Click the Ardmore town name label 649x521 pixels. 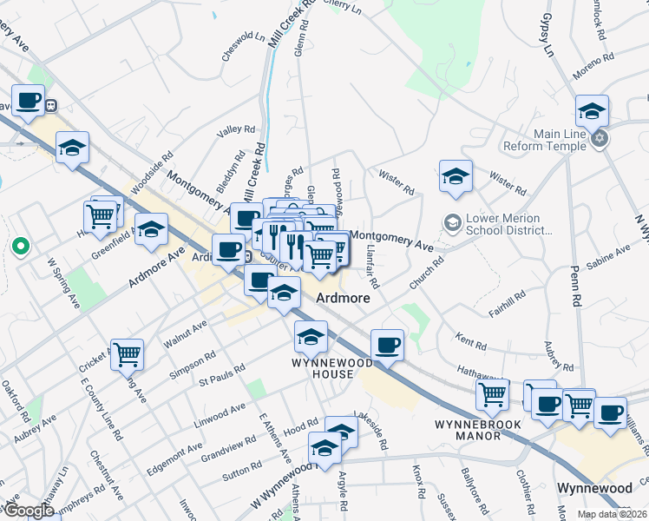(343, 297)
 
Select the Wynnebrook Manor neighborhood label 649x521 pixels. (467, 430)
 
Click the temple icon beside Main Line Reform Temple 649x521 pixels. (599, 137)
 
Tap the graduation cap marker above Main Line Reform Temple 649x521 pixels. (592, 111)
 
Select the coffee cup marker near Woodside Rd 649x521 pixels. (28, 101)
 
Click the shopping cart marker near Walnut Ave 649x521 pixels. (128, 353)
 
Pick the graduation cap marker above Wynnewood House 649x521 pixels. (311, 335)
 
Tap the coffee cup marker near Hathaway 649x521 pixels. (387, 345)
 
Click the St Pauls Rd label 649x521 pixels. (219, 379)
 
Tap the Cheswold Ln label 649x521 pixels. (243, 48)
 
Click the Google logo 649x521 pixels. (29, 511)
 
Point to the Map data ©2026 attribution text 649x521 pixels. (612, 514)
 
